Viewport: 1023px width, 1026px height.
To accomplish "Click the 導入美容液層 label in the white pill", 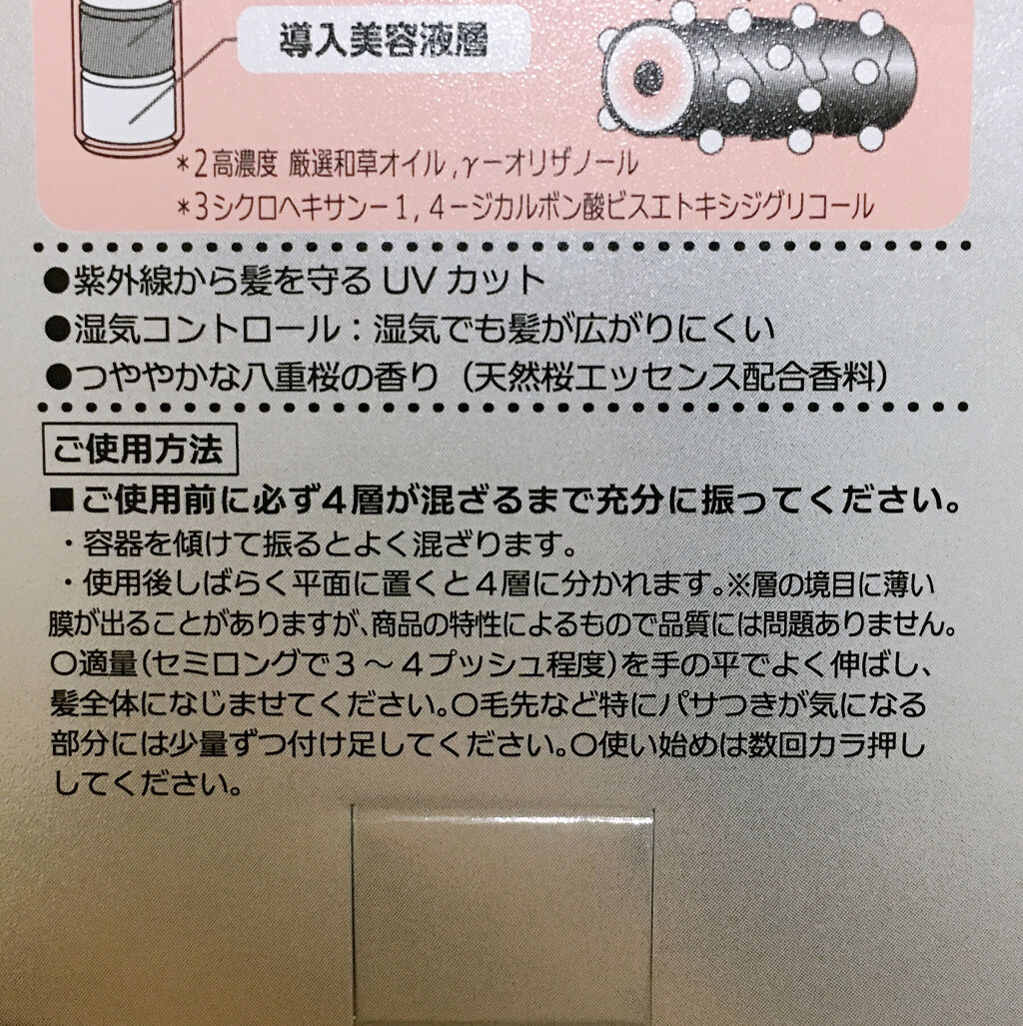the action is [x=384, y=41].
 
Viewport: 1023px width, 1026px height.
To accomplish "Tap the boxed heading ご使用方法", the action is [x=139, y=451].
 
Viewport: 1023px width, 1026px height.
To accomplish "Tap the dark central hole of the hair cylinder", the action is [x=647, y=77].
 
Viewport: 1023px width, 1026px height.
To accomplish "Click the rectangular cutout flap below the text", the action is [x=503, y=915].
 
